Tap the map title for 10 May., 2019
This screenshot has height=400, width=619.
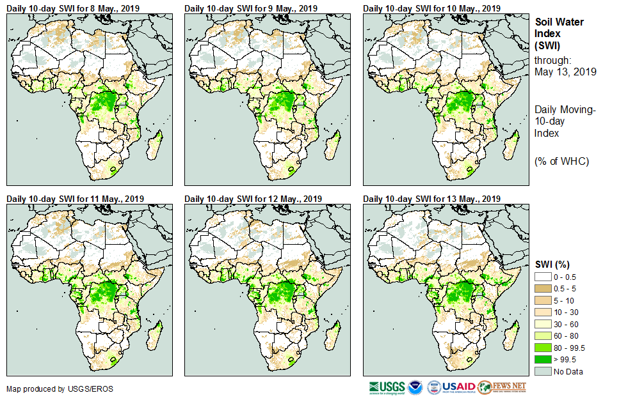pos(431,8)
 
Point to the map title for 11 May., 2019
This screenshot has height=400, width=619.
pos(75,199)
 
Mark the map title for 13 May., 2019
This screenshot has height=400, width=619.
pos(431,199)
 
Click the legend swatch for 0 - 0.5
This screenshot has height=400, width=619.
pos(543,276)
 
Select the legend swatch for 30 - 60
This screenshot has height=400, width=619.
pos(543,324)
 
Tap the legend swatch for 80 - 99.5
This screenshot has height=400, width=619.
pos(543,348)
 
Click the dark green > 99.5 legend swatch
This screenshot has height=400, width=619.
pos(543,360)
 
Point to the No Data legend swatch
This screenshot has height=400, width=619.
pos(543,372)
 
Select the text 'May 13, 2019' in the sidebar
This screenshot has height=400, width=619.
pos(565,72)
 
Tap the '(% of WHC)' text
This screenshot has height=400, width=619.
pos(561,161)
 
